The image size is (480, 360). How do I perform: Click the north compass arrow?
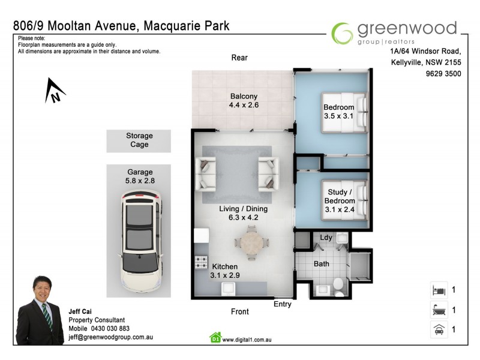pyautogui.click(x=55, y=91)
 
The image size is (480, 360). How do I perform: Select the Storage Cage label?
pyautogui.click(x=139, y=140)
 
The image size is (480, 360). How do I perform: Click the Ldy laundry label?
pyautogui.click(x=326, y=238)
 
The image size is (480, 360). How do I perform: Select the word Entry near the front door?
pyautogui.click(x=282, y=304)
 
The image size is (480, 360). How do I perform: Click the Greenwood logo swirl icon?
pyautogui.click(x=342, y=33)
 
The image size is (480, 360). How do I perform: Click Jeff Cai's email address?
pyautogui.click(x=111, y=337)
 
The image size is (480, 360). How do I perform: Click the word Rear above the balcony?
pyautogui.click(x=239, y=58)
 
